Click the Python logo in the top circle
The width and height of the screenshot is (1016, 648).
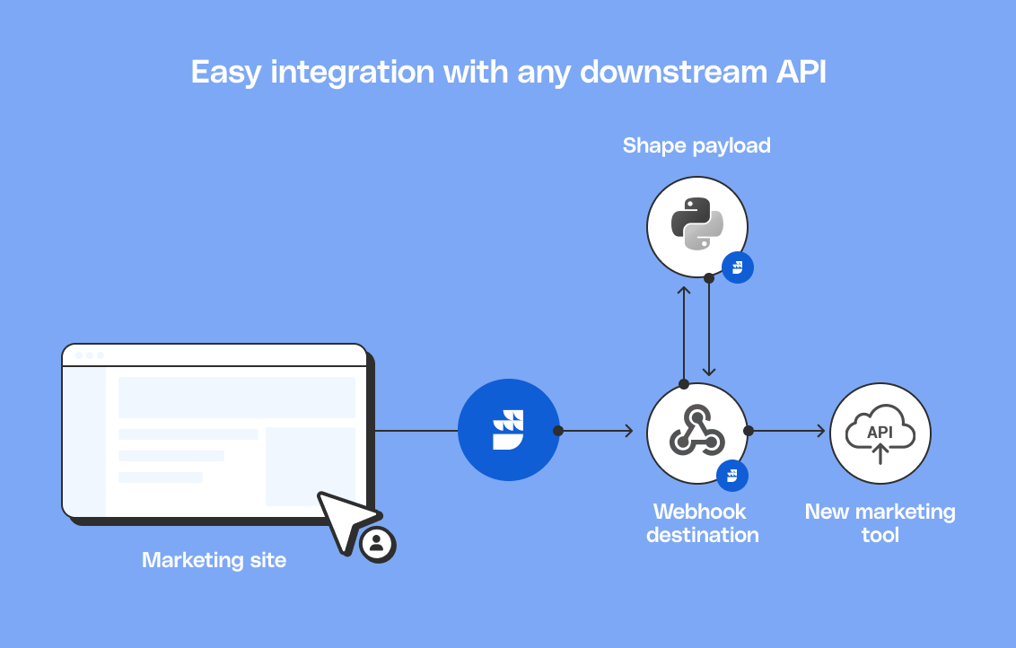[x=697, y=225]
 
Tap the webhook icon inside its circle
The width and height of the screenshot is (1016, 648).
[x=697, y=432]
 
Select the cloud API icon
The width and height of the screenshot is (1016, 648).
[x=880, y=433]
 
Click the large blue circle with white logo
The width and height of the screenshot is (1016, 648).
[x=508, y=430]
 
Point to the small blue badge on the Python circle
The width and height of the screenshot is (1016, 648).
[x=738, y=267]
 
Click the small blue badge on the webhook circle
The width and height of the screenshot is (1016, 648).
[x=732, y=475]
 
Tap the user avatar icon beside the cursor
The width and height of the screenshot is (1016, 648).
[x=377, y=544]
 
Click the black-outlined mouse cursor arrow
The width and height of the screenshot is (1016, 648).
[x=343, y=519]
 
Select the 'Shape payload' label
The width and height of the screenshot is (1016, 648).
[x=696, y=145]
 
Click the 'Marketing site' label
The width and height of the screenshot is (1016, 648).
[x=214, y=560]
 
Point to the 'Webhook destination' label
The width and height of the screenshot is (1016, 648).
[x=702, y=523]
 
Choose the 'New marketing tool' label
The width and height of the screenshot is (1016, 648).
[x=880, y=523]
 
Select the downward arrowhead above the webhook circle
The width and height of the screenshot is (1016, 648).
[x=709, y=372]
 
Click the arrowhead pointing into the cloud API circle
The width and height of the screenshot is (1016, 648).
[x=819, y=431]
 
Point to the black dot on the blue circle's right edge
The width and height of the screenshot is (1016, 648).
[x=557, y=431]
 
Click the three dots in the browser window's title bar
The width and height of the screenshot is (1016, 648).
[x=89, y=355]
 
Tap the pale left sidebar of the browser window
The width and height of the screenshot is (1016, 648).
[x=84, y=440]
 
